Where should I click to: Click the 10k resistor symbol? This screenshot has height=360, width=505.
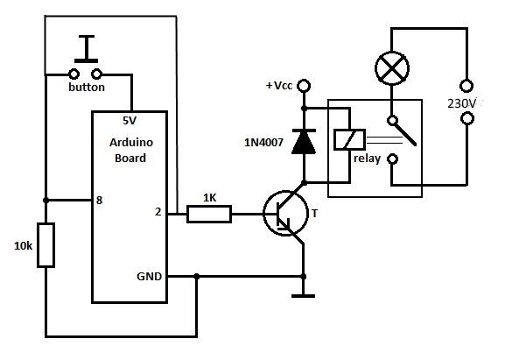(x=46, y=245)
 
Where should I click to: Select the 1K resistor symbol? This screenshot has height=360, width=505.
(x=209, y=214)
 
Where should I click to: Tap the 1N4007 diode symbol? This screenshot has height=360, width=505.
(x=304, y=141)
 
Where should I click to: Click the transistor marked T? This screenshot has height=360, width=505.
(x=285, y=214)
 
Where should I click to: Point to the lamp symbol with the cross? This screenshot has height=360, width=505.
(x=392, y=68)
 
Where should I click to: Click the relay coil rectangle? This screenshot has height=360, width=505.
(x=349, y=139)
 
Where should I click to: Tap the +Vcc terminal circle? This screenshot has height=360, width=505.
(x=304, y=86)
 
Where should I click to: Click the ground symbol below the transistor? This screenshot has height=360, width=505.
(x=303, y=295)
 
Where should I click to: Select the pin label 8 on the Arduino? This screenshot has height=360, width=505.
(x=99, y=200)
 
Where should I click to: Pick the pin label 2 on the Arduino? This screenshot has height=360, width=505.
(x=158, y=212)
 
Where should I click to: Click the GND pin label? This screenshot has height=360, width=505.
(x=149, y=276)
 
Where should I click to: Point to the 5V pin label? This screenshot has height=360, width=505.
(x=130, y=121)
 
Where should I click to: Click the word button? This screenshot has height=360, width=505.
(x=87, y=87)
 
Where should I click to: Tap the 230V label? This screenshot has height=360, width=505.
(x=462, y=103)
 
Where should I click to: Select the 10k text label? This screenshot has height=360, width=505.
(x=23, y=246)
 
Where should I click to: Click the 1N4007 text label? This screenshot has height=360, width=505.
(x=263, y=142)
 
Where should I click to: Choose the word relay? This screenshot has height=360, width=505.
(x=368, y=159)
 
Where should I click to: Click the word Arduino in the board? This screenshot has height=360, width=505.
(x=131, y=142)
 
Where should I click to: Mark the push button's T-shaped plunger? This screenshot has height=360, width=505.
(x=87, y=49)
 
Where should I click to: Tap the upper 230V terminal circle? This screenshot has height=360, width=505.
(x=466, y=86)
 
